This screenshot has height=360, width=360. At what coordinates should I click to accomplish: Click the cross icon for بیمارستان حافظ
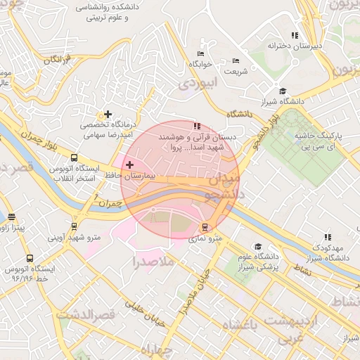pos(129,165)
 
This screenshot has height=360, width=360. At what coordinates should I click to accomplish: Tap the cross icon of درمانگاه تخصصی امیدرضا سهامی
pos(108,114)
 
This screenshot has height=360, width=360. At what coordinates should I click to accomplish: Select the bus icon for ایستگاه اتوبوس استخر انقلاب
pos(75,158)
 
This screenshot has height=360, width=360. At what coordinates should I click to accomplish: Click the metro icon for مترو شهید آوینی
pos(75,226)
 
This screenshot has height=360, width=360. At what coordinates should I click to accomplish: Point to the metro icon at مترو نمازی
pos(205,227)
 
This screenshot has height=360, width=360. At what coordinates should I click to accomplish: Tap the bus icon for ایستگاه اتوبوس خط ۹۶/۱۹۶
pos(29,258)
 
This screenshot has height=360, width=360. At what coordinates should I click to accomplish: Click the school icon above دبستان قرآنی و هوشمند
pos(196,125)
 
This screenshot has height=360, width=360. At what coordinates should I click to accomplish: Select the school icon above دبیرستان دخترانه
pos(295,34)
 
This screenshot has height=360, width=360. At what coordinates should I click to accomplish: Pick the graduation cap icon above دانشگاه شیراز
pos(283,91)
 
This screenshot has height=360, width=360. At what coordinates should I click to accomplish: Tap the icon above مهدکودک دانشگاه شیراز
pos(327,238)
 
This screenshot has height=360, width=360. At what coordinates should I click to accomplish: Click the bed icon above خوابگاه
pos(200,53)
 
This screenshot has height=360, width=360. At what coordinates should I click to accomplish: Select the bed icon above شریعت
pos(236,61)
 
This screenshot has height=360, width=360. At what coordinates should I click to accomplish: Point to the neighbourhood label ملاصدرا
pos(153,263)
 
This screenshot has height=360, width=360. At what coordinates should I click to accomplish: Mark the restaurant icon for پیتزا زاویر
pos(11,217)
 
